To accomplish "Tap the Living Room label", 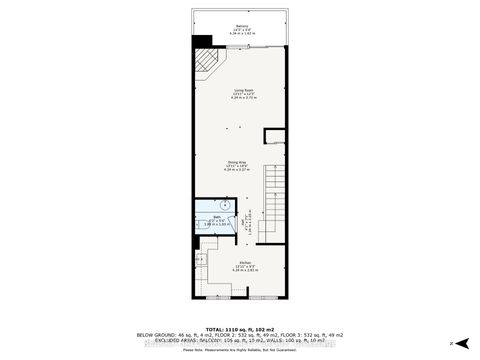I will click(x=242, y=90).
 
